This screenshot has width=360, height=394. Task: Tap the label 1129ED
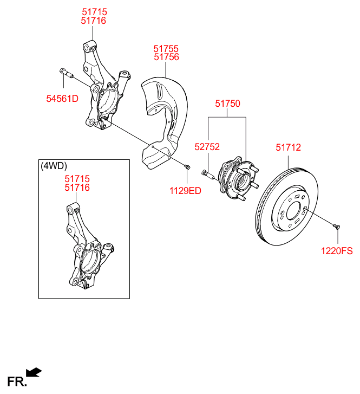click(x=185, y=190)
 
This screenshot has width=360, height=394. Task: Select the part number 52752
click(x=207, y=146)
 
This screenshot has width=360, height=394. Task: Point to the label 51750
click(x=228, y=104)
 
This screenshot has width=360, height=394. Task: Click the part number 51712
click(x=288, y=147)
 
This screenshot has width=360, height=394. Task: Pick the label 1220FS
click(x=337, y=250)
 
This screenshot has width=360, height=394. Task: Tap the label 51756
click(x=166, y=57)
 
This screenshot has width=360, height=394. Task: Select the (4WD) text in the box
click(x=54, y=166)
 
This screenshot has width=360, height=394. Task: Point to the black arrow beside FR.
click(x=34, y=372)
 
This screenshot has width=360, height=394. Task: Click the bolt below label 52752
click(x=208, y=173)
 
